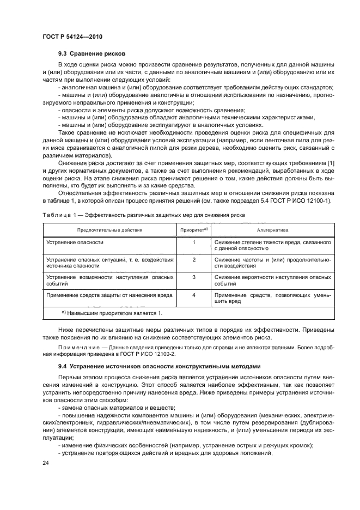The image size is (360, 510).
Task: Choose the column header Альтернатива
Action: pyautogui.click(x=272, y=230)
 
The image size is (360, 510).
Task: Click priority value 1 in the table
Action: pyautogui.click(x=194, y=242)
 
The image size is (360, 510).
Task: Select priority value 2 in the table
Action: pyautogui.click(x=194, y=259)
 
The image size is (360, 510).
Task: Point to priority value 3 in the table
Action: pyautogui.click(x=194, y=277)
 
